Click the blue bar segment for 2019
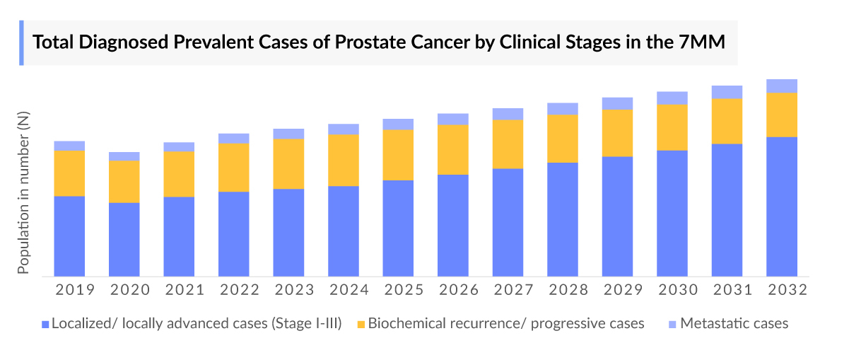pos(69,236)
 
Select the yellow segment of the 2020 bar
pos(124,182)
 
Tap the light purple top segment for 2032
pos(782,86)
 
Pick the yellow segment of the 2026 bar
pos(453,149)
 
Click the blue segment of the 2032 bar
pos(782,206)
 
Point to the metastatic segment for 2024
pos(344,129)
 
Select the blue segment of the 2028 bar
pos(563,219)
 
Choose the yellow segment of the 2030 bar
pos(672,127)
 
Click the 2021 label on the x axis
pos(179,290)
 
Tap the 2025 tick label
pos(398,290)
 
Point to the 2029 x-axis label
pos(617,290)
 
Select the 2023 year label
pos(288,290)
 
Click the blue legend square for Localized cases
pos(45,324)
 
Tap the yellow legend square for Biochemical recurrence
pos(361,324)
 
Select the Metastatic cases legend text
pos(734,323)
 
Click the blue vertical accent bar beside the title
pos(21,42)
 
